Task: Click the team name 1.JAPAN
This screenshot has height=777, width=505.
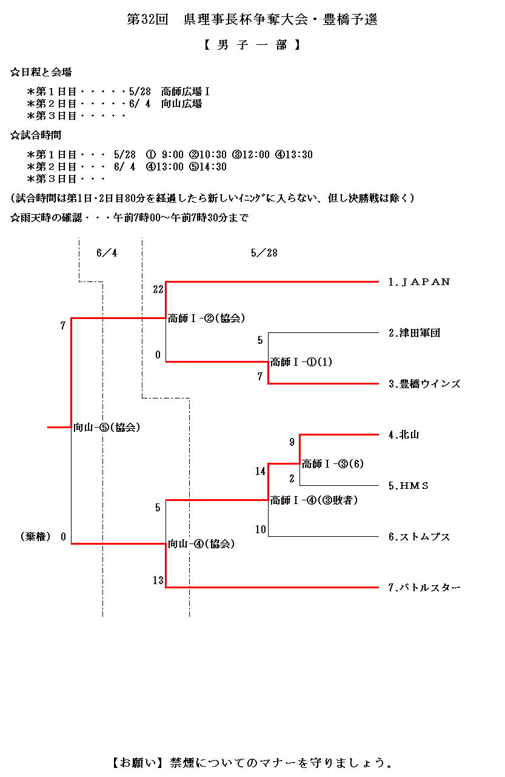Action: [x=419, y=282]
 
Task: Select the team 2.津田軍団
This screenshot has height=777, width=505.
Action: [x=414, y=333]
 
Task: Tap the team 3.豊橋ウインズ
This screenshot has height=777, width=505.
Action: [x=424, y=384]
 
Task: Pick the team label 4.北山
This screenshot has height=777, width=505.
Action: [x=404, y=435]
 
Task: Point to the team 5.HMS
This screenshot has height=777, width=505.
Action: [x=409, y=486]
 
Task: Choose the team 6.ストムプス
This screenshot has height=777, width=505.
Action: [x=419, y=537]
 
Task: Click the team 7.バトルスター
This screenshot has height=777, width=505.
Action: [x=424, y=588]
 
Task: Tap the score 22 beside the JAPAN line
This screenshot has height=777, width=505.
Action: [x=158, y=289]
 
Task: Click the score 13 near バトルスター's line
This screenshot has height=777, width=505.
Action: [x=158, y=580]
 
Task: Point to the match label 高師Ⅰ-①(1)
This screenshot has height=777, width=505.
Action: [x=301, y=362]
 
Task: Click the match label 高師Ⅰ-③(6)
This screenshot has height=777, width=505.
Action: [x=333, y=464]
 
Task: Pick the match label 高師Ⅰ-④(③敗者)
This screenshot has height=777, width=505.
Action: [x=314, y=500]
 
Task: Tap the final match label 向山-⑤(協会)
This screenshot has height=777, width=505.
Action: [x=107, y=428]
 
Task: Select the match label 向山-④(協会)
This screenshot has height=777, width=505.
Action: [x=202, y=544]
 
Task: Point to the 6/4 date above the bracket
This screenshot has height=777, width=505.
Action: [x=107, y=253]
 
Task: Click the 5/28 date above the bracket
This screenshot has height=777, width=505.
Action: [x=264, y=253]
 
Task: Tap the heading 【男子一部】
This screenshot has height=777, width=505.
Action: [x=252, y=45]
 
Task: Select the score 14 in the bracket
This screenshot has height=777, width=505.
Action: [x=260, y=471]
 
